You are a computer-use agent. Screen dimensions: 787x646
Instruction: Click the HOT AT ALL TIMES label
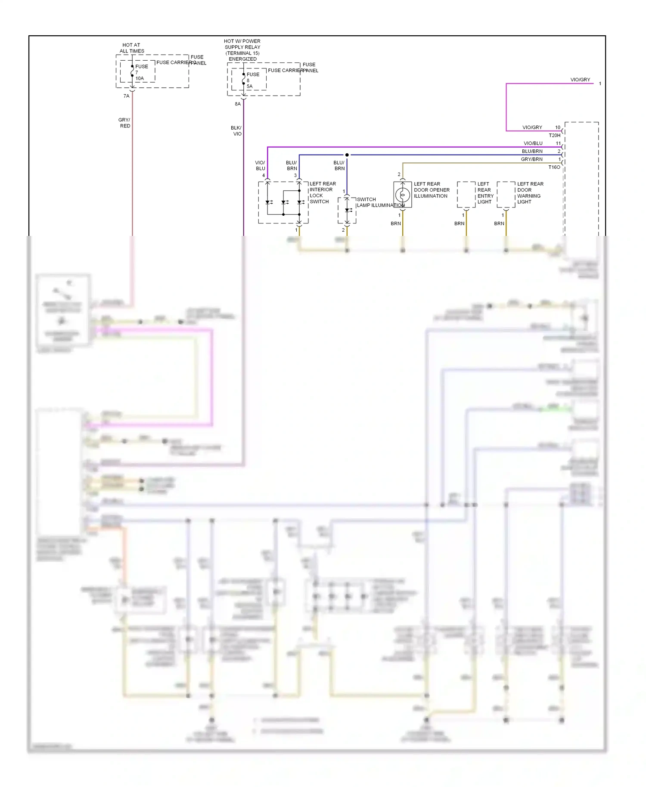pyautogui.click(x=131, y=48)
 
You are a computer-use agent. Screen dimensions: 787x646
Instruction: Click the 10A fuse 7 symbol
pyautogui.click(x=133, y=71)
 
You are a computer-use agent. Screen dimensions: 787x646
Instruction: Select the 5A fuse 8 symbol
pyautogui.click(x=244, y=80)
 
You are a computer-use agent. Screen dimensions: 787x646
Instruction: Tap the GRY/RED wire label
pyautogui.click(x=124, y=123)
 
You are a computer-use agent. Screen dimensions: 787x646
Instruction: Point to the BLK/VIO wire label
pyautogui.click(x=236, y=130)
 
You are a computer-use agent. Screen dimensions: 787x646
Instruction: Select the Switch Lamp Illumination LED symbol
pyautogui.click(x=347, y=210)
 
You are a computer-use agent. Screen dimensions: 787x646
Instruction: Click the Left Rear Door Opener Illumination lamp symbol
pyautogui.click(x=403, y=195)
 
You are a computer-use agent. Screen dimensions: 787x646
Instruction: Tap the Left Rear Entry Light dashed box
pyautogui.click(x=466, y=195)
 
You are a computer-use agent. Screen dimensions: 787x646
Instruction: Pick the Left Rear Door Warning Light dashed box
pyautogui.click(x=506, y=195)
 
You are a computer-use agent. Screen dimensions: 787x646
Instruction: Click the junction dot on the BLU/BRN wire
pyautogui.click(x=347, y=155)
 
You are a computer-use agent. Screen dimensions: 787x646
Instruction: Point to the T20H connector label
pyautogui.click(x=554, y=135)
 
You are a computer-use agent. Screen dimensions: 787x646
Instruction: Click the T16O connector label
pyautogui.click(x=554, y=167)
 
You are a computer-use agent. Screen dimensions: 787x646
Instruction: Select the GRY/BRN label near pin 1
pyautogui.click(x=531, y=159)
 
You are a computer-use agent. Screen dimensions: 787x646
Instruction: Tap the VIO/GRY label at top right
pyautogui.click(x=580, y=80)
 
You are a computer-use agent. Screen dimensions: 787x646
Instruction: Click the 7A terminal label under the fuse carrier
pyautogui.click(x=126, y=96)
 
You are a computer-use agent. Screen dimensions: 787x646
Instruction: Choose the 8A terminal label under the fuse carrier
pyautogui.click(x=238, y=104)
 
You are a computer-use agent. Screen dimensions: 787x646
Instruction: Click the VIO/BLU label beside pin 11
pyautogui.click(x=533, y=143)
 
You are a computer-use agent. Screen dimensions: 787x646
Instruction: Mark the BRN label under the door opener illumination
pyautogui.click(x=395, y=223)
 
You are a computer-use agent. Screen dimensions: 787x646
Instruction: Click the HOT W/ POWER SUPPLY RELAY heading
pyautogui.click(x=242, y=50)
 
